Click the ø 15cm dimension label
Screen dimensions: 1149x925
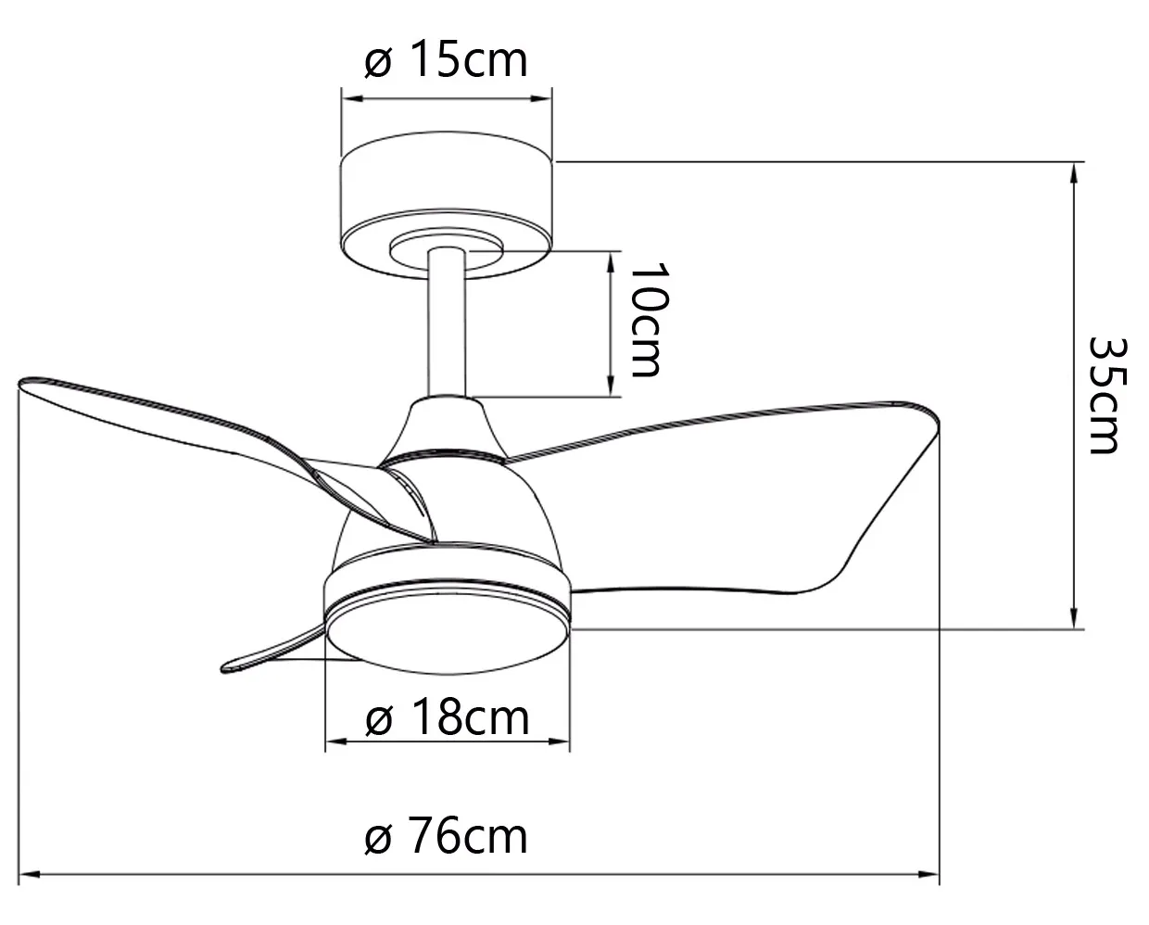pos(446,59)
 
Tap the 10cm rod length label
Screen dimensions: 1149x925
pos(649,320)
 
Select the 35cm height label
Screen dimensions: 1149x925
pos(1107,396)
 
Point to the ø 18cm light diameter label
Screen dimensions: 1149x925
pos(447,719)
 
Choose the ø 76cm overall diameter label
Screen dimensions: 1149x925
pos(446,836)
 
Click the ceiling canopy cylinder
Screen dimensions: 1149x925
pos(447,205)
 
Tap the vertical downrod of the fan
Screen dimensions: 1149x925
pos(447,322)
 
